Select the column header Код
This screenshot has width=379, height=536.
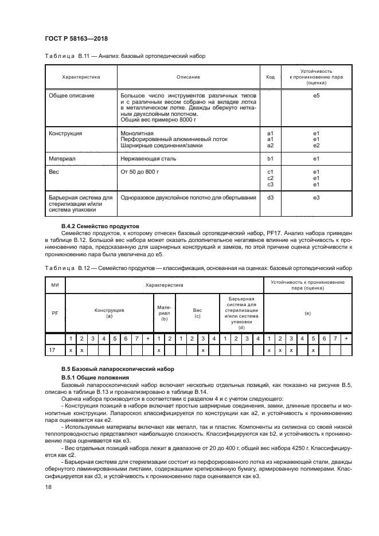coord(271,76)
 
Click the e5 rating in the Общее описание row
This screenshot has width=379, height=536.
coord(316,95)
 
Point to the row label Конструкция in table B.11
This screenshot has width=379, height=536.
coord(66,134)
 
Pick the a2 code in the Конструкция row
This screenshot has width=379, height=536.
coord(271,145)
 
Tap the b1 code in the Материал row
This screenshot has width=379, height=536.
coord(271,158)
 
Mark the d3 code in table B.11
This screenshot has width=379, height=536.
coord(271,197)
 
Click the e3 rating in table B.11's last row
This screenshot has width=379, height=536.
coord(316,197)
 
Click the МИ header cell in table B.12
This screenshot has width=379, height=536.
coord(55,284)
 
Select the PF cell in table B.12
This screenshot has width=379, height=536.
coord(55,313)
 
